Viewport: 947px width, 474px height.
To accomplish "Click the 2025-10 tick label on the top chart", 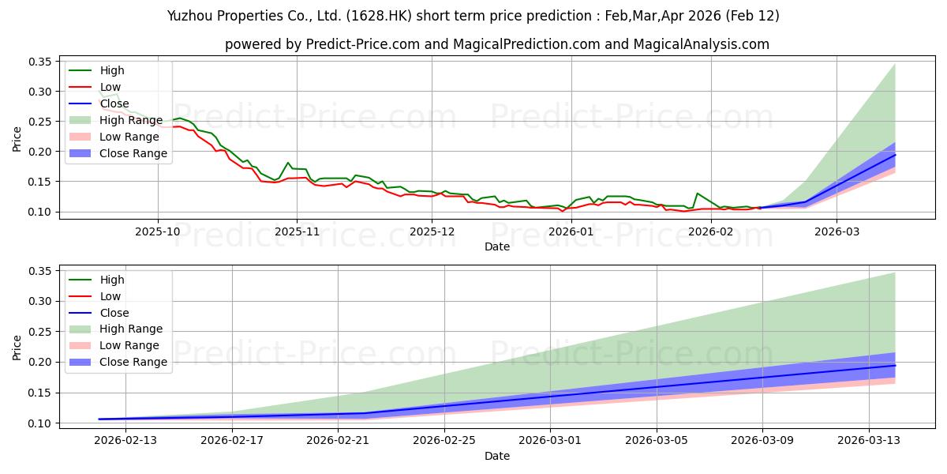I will coord(158,231).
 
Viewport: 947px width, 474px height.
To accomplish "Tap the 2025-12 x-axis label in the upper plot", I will coord(432,231).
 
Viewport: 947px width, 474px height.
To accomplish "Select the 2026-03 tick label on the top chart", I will coord(837,231).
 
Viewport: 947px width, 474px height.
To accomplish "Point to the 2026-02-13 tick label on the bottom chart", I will coord(126,440).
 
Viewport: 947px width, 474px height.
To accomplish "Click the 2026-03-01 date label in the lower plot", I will coord(551,440).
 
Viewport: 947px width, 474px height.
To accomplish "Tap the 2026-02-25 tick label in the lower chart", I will coord(444,440).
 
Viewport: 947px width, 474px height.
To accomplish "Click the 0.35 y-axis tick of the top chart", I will coord(39,62).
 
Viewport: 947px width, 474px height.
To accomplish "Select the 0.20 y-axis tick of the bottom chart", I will coord(39,363).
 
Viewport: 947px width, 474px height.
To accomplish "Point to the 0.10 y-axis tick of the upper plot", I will coord(39,212).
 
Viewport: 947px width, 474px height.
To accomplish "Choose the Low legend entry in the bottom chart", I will coord(110,296).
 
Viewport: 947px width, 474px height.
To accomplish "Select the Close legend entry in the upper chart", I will coord(114,103).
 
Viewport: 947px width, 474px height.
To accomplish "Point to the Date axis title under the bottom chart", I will coord(497,456).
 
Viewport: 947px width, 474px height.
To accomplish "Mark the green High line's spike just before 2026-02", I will coord(697,193).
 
